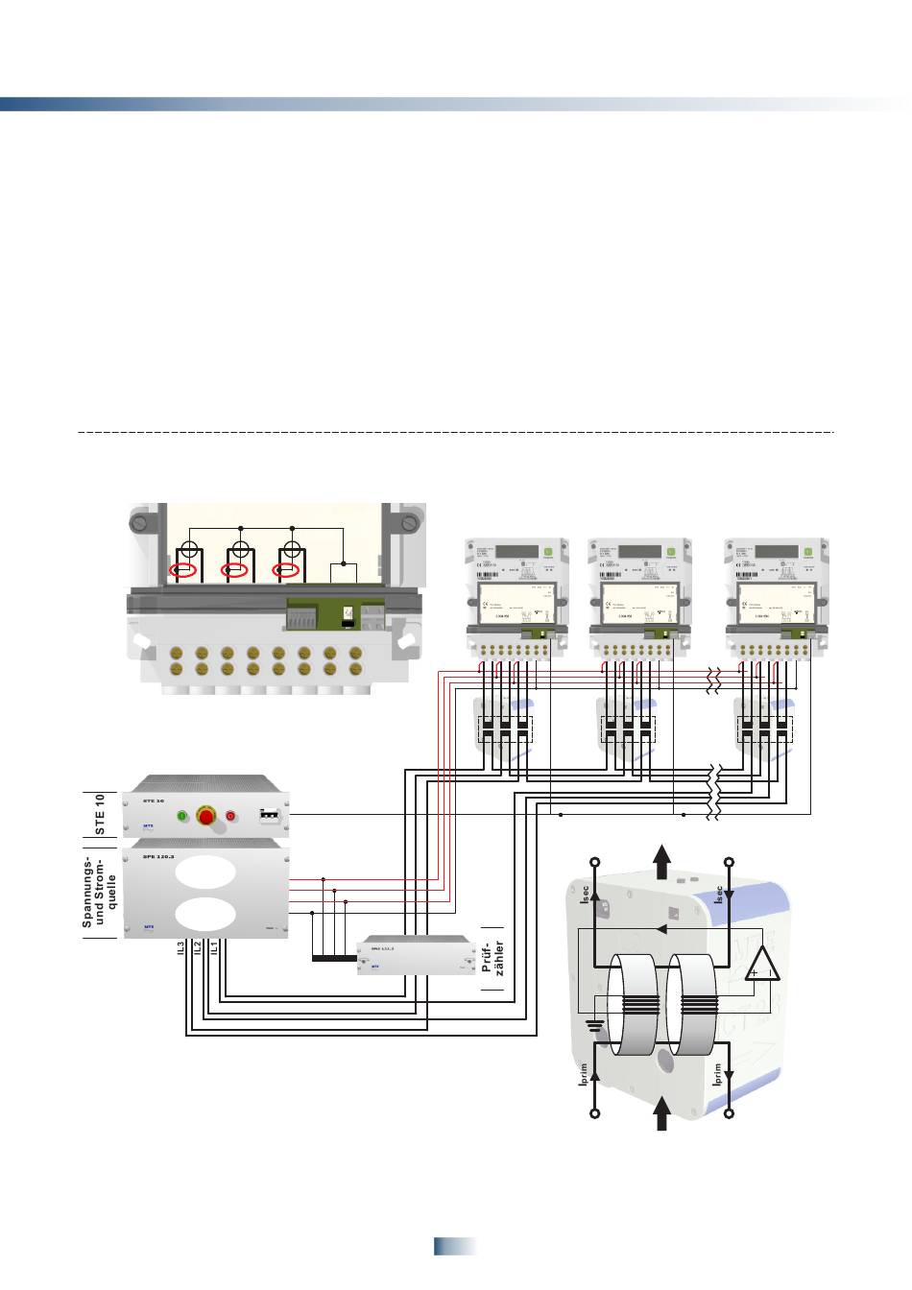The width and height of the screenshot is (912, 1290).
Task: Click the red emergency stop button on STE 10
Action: (x=205, y=816)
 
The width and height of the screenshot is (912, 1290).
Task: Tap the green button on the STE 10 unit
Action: (x=181, y=816)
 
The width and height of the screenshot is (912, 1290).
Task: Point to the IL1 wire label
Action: (x=213, y=948)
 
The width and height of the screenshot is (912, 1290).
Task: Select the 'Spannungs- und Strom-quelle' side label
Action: (x=99, y=891)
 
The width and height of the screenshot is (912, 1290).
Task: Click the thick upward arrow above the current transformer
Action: (x=662, y=860)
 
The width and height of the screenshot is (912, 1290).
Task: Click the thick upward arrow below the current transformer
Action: (x=662, y=1114)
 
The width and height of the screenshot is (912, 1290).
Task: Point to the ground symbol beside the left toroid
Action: (x=595, y=1024)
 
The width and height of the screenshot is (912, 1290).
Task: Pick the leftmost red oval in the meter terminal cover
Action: (x=183, y=571)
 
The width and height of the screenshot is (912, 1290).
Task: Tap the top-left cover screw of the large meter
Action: (x=140, y=523)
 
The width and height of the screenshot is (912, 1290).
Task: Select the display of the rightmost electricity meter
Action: (x=776, y=551)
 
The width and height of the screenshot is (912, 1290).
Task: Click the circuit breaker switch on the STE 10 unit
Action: (x=270, y=816)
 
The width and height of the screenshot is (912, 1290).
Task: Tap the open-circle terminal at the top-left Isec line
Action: (x=595, y=862)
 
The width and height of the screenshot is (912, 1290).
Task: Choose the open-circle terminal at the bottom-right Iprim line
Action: (x=730, y=1114)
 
